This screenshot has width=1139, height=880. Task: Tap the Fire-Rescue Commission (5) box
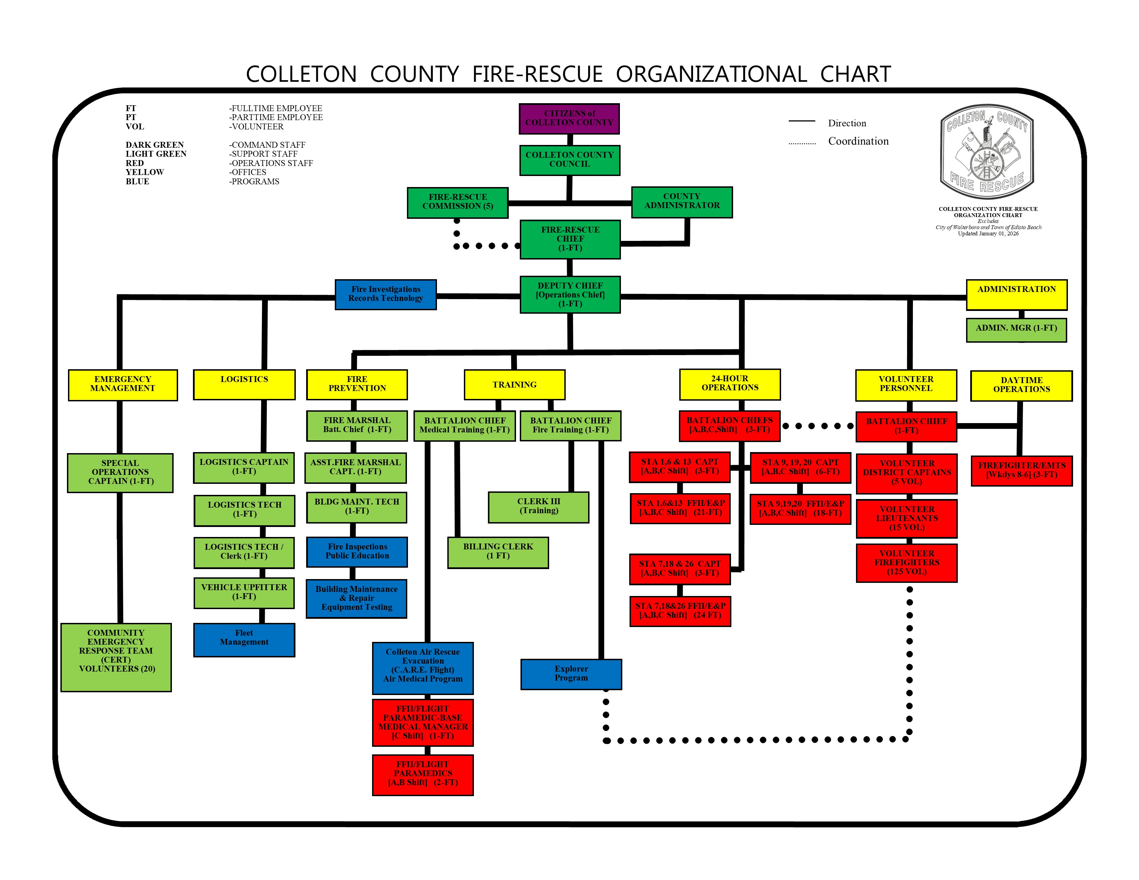pyautogui.click(x=457, y=202)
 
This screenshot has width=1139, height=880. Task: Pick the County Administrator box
pyautogui.click(x=682, y=201)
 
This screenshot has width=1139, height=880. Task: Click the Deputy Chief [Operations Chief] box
pyautogui.click(x=570, y=295)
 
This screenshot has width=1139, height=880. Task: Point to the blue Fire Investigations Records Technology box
pyautogui.click(x=386, y=294)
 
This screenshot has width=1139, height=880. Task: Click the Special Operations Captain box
pyautogui.click(x=120, y=472)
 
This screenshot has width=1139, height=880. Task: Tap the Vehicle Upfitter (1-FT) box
pyautogui.click(x=244, y=592)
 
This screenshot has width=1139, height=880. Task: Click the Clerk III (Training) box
pyautogui.click(x=538, y=506)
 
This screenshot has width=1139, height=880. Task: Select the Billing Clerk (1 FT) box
pyautogui.click(x=498, y=551)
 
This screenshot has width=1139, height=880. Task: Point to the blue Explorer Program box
pyautogui.click(x=571, y=674)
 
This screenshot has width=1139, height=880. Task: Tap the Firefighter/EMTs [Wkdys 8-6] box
pyautogui.click(x=1021, y=470)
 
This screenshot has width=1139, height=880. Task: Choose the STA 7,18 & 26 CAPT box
pyautogui.click(x=680, y=569)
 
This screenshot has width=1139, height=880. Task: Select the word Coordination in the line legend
pyautogui.click(x=858, y=141)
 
